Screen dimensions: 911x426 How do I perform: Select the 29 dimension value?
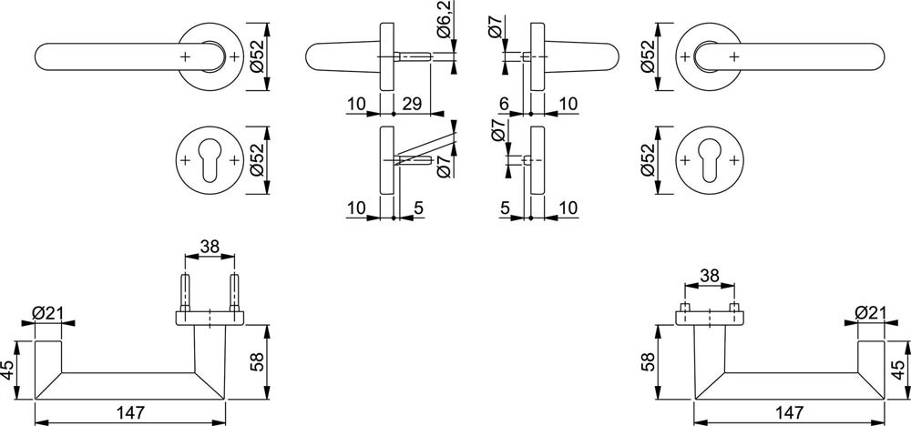coord(412,105)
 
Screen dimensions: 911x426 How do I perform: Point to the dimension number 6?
coord(504,105)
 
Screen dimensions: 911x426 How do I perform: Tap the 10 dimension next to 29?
coord(356,105)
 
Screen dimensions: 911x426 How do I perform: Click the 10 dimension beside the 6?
coord(568,105)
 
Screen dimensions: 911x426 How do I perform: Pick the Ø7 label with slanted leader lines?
coord(443,167)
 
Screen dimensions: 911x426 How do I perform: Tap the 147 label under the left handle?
coord(129,412)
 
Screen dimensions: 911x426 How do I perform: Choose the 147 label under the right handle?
coord(789,412)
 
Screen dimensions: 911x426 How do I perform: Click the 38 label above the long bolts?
coord(210,246)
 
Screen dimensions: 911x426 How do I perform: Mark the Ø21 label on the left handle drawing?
coord(47,313)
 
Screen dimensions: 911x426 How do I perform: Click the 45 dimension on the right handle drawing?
coord(897,370)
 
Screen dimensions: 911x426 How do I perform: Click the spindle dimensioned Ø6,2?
coord(413,56)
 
